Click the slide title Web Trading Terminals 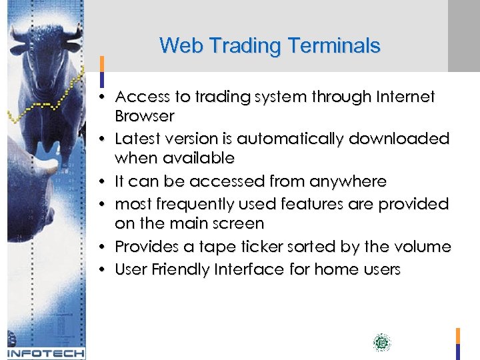(269, 46)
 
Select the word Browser (144, 117)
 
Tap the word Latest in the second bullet (136, 139)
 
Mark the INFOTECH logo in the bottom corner (45, 353)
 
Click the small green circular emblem (381, 343)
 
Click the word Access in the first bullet (142, 97)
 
